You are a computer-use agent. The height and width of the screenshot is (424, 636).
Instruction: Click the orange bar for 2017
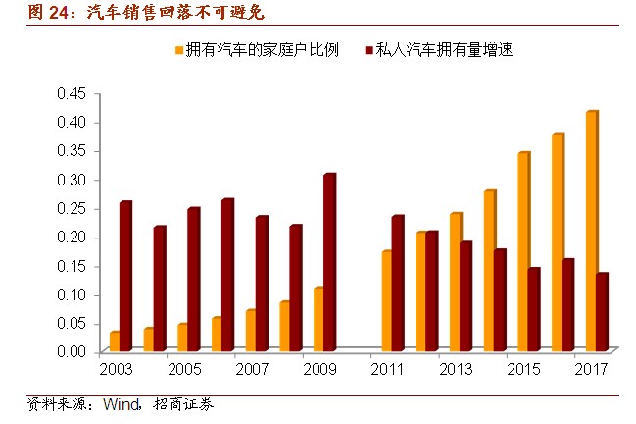[592, 232]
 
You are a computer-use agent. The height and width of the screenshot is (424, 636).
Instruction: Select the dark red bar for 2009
[329, 262]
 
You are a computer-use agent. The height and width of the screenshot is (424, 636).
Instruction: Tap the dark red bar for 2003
[125, 276]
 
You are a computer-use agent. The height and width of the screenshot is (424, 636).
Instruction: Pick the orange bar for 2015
[523, 252]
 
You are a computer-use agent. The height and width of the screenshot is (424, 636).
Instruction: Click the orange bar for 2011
[386, 300]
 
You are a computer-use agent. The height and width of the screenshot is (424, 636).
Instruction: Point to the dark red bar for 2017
[602, 311]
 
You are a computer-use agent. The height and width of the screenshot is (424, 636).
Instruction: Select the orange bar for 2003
[115, 341]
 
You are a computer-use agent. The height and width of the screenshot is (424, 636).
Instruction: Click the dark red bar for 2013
[465, 295]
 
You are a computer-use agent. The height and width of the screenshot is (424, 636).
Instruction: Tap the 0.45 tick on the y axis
[73, 93]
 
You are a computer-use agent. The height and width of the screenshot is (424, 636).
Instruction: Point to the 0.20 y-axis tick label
[73, 237]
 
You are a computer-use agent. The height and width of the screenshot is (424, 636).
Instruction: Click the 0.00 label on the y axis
[73, 351]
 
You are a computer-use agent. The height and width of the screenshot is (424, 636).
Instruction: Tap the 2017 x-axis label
[591, 370]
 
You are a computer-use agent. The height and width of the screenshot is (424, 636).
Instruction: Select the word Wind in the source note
[123, 403]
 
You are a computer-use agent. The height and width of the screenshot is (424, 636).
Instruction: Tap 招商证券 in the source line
[183, 403]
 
